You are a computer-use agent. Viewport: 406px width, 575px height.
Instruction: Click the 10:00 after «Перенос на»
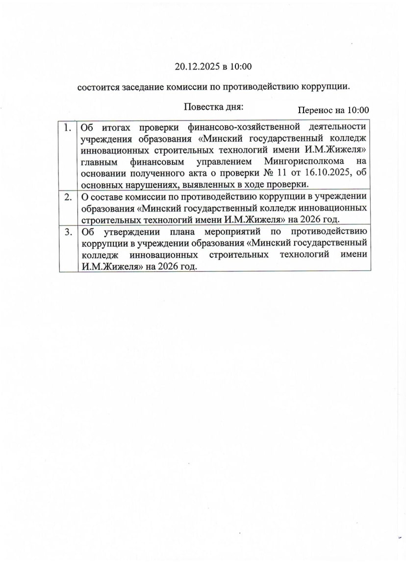tap(358, 111)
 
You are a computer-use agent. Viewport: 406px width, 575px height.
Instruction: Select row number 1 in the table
tap(68, 128)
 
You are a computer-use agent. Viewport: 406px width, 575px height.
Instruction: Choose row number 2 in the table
tap(68, 197)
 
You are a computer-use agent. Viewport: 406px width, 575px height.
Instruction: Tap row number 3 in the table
tap(68, 232)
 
